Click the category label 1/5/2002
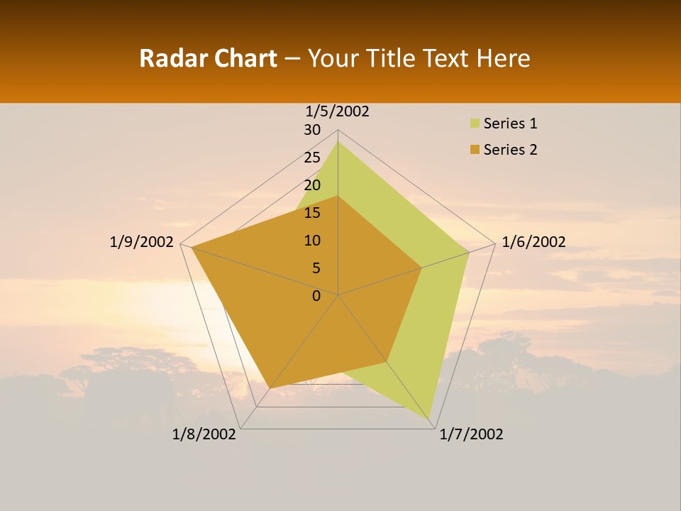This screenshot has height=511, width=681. (337, 111)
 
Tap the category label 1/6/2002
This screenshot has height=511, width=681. (533, 242)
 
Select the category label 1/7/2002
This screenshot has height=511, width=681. (471, 434)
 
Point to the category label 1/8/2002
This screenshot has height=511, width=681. (204, 434)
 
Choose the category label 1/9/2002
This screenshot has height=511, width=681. (141, 242)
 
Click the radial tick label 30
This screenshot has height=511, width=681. (312, 130)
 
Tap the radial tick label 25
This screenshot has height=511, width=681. (312, 158)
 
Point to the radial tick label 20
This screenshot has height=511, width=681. (312, 185)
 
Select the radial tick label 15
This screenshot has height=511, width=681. (312, 213)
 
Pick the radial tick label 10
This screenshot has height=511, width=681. (312, 241)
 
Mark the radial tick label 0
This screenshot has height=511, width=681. (316, 296)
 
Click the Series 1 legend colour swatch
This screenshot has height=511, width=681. (474, 123)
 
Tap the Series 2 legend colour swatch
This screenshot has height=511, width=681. (474, 150)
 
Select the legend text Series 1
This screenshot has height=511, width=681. (510, 123)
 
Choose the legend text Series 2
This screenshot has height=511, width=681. (510, 150)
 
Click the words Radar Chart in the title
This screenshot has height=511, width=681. (208, 58)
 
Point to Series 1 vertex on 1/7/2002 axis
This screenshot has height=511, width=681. (429, 419)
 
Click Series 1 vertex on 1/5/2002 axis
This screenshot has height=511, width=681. (338, 142)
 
